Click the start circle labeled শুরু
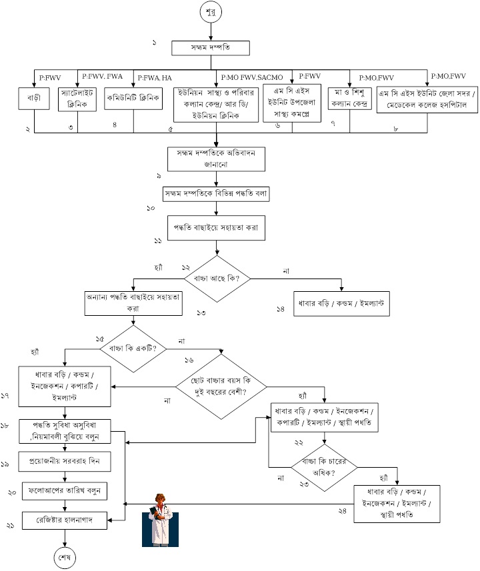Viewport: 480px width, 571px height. tap(211, 13)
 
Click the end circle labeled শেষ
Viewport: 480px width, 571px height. tap(65, 554)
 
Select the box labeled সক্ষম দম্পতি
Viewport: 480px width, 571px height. tap(211, 48)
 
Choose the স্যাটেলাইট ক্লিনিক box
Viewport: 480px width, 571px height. tap(78, 97)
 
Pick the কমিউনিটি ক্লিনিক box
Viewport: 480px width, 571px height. tap(133, 97)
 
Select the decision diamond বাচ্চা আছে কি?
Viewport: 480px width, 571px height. tap(218, 277)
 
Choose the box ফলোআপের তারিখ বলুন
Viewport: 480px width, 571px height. tap(65, 491)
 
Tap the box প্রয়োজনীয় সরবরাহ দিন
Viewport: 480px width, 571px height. tap(65, 461)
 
